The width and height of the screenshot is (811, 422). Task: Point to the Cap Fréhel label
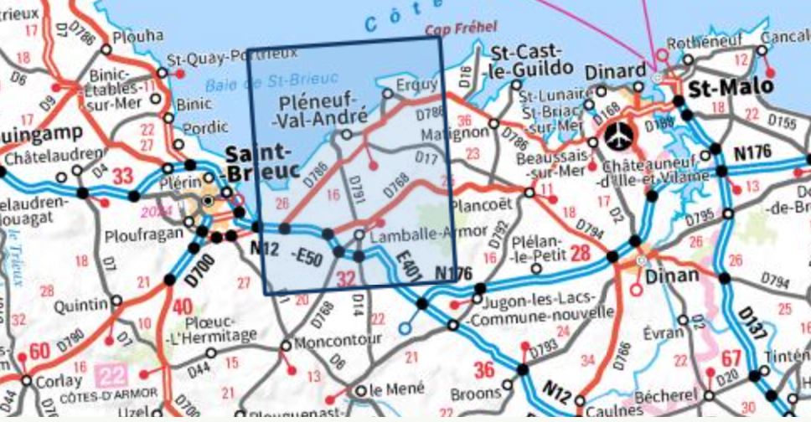[x=461, y=28]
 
